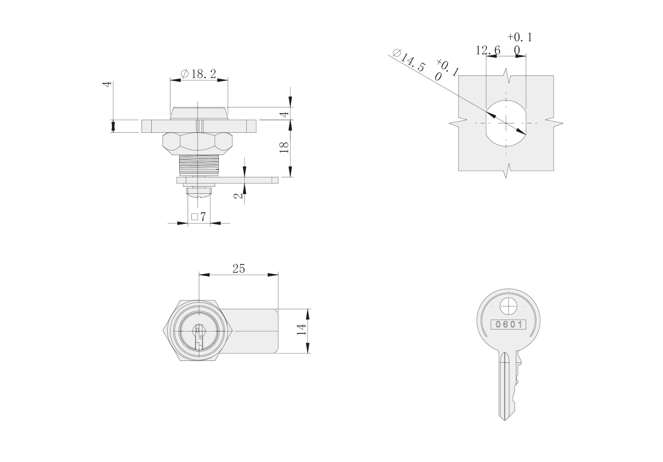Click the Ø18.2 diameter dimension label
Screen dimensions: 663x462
[198, 74]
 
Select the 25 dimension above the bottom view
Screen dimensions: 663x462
[238, 268]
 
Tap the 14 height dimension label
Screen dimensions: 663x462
[301, 330]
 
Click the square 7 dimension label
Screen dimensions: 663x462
[198, 217]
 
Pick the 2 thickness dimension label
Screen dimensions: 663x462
[238, 196]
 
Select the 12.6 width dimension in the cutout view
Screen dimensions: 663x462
[488, 50]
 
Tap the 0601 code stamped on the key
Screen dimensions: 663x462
[508, 324]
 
